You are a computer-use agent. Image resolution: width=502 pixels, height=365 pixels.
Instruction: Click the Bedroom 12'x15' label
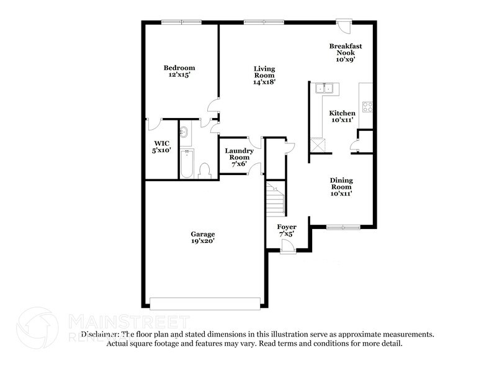(x=179, y=71)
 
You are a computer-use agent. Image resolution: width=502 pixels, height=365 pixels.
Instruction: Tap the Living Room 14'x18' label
(x=264, y=75)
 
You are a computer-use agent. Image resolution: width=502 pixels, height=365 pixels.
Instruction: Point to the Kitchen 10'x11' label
(x=342, y=117)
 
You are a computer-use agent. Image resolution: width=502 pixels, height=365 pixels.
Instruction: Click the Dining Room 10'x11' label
(x=341, y=186)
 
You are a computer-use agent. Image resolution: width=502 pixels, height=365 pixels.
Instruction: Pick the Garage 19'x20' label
(x=203, y=238)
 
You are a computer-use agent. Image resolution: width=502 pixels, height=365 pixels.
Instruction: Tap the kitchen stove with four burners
(x=367, y=106)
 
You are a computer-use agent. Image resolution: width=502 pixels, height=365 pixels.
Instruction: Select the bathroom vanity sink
(x=184, y=132)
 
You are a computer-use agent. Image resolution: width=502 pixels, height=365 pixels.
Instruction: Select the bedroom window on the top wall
(x=181, y=22)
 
